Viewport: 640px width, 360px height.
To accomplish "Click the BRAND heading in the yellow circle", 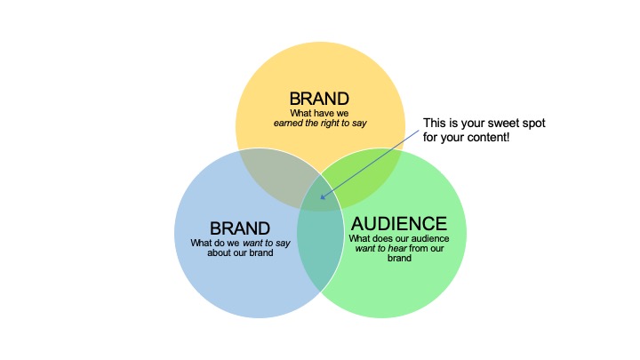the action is (x=319, y=99).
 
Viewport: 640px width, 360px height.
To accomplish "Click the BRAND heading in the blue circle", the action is (x=240, y=228).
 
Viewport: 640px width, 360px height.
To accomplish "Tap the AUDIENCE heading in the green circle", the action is (x=399, y=224).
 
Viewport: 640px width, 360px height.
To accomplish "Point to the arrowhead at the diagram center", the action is (x=323, y=196).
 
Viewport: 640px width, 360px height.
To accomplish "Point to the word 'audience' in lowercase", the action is (x=430, y=238).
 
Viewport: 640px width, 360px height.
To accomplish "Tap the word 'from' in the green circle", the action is (x=418, y=248).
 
